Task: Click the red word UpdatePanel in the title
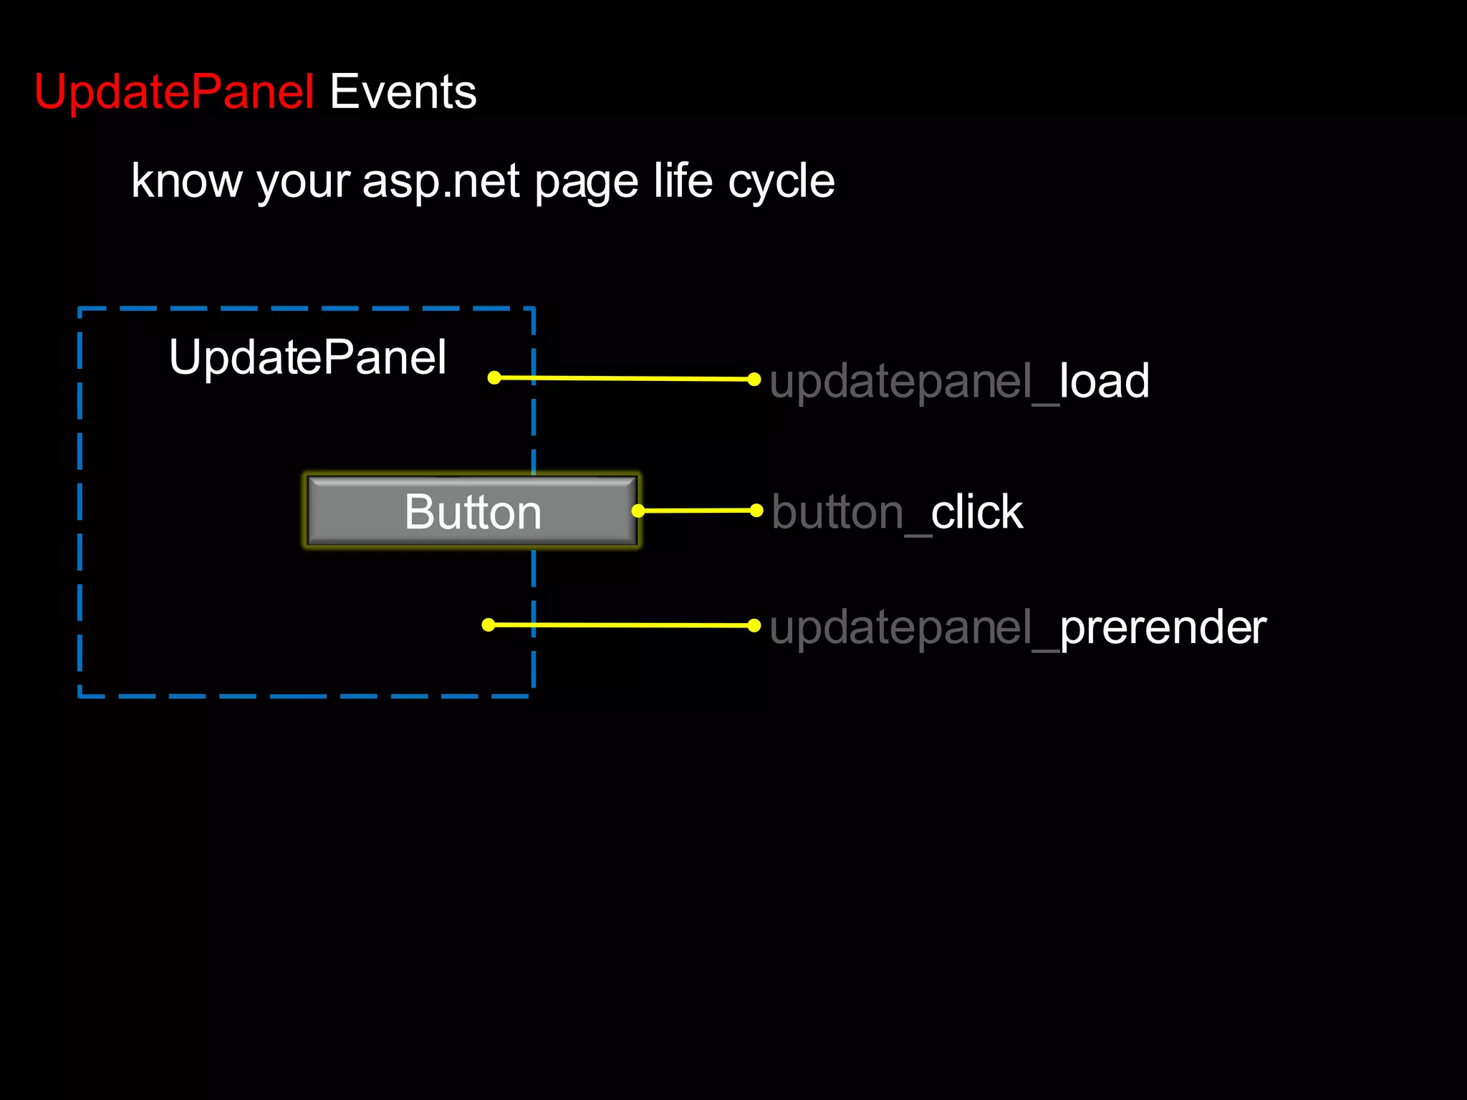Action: (174, 92)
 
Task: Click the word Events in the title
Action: (403, 92)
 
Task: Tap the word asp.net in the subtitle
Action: (441, 180)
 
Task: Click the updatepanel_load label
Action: (959, 381)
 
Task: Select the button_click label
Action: (897, 512)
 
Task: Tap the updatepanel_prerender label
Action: (1017, 627)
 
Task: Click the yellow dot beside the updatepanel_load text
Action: (754, 379)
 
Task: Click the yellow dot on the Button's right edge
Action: (638, 511)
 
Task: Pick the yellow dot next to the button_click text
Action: (756, 510)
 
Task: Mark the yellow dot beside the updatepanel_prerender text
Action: (754, 625)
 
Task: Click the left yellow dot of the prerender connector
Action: (489, 624)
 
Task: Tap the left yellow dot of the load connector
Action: (494, 377)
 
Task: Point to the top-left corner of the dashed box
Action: (80, 309)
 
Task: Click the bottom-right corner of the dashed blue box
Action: (534, 695)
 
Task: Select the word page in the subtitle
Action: (586, 182)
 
